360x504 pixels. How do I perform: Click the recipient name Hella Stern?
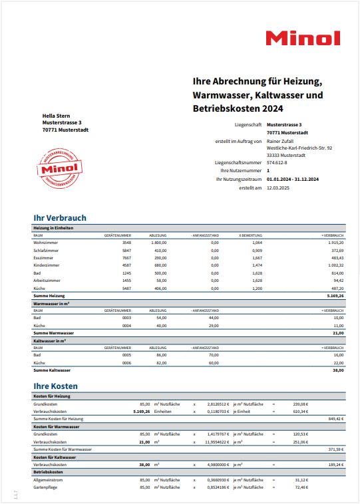click(57, 116)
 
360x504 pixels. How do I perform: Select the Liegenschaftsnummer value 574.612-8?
click(277, 162)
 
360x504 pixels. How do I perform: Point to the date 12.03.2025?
click(278, 188)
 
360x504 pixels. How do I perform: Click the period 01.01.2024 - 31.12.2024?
click(293, 179)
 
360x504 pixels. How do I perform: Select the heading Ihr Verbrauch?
click(60, 217)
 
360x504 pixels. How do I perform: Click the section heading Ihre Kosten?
click(56, 386)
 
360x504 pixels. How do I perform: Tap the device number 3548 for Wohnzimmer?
click(126, 243)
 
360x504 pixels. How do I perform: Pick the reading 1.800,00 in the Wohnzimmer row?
click(157, 243)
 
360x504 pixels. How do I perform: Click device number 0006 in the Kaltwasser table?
click(126, 363)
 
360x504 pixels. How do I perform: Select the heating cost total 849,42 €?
click(335, 419)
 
